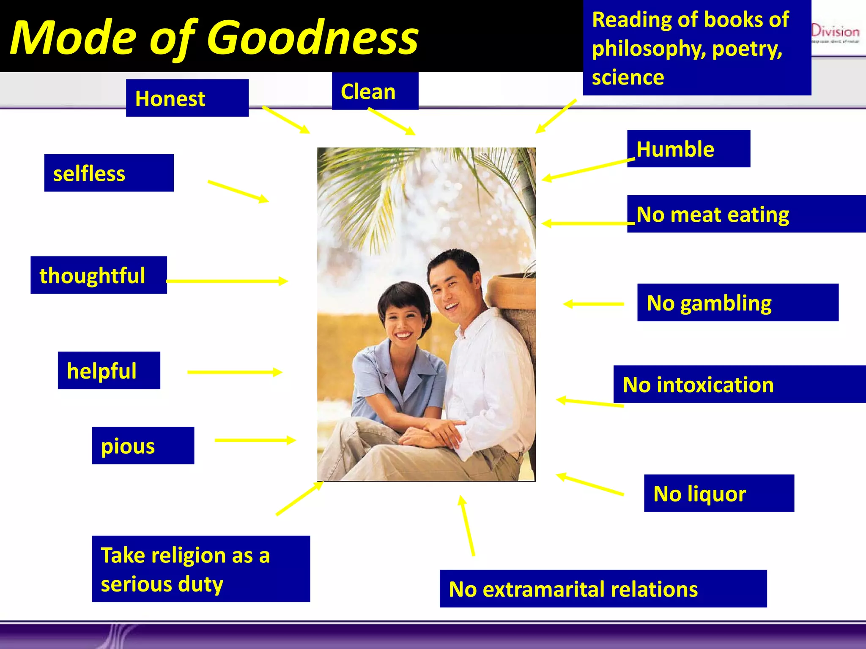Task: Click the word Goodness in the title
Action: [312, 38]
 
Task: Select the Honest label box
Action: [187, 98]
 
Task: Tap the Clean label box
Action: [375, 91]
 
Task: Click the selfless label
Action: [109, 173]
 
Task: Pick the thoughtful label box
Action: [99, 275]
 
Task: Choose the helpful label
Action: [109, 371]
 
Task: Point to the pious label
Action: [143, 446]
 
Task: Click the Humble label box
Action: [688, 149]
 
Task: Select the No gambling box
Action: [737, 303]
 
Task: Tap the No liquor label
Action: [718, 493]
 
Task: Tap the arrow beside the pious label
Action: [255, 440]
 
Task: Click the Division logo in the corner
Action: [835, 33]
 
